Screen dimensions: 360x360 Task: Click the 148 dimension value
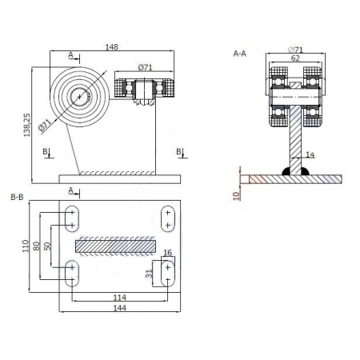pyautogui.click(x=111, y=47)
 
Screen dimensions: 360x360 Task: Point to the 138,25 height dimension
pyautogui.click(x=27, y=125)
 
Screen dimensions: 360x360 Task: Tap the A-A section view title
pyautogui.click(x=240, y=54)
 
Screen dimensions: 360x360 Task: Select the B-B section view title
pyautogui.click(x=17, y=197)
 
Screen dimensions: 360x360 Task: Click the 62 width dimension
pyautogui.click(x=295, y=58)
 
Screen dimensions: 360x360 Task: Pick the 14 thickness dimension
pyautogui.click(x=310, y=154)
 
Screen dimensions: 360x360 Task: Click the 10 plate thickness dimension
pyautogui.click(x=236, y=196)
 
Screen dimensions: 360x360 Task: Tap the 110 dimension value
pyautogui.click(x=25, y=246)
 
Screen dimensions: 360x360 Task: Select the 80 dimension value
pyautogui.click(x=36, y=246)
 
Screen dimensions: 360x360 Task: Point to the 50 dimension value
pyautogui.click(x=47, y=246)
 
